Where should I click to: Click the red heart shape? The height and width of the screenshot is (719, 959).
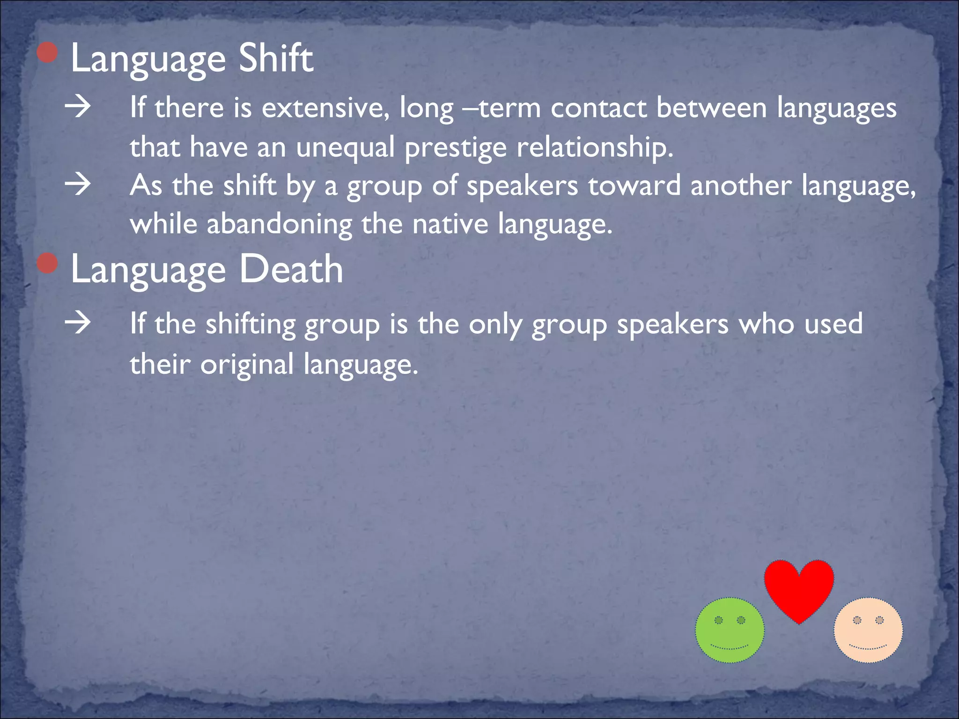(x=799, y=587)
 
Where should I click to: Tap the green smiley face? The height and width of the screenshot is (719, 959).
(x=730, y=630)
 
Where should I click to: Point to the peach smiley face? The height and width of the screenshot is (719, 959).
(x=868, y=630)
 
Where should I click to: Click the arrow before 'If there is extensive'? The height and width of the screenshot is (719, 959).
(x=78, y=107)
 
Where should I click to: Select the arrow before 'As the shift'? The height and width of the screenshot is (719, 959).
(x=78, y=185)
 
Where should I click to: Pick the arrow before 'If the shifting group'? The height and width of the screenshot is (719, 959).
(x=78, y=323)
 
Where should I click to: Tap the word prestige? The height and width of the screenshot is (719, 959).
(x=455, y=148)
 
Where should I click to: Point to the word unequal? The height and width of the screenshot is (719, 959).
(x=345, y=148)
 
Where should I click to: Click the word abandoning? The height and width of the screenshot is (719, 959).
(x=279, y=224)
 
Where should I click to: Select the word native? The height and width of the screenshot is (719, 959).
(x=450, y=224)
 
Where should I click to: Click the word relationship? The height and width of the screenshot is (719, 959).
(x=594, y=148)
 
